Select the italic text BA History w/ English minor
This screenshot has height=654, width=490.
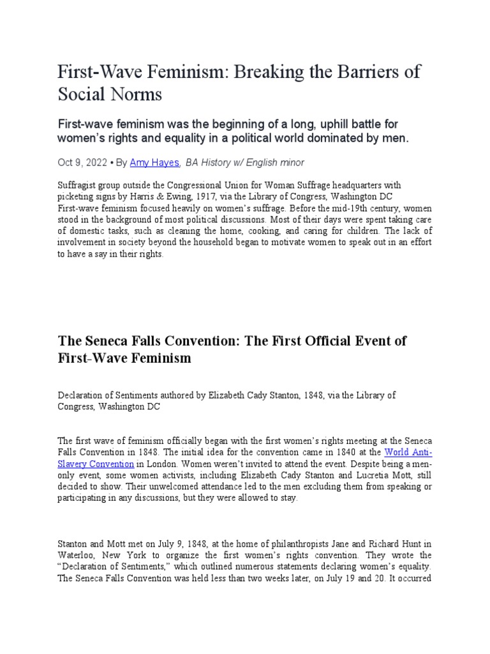tap(245, 162)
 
